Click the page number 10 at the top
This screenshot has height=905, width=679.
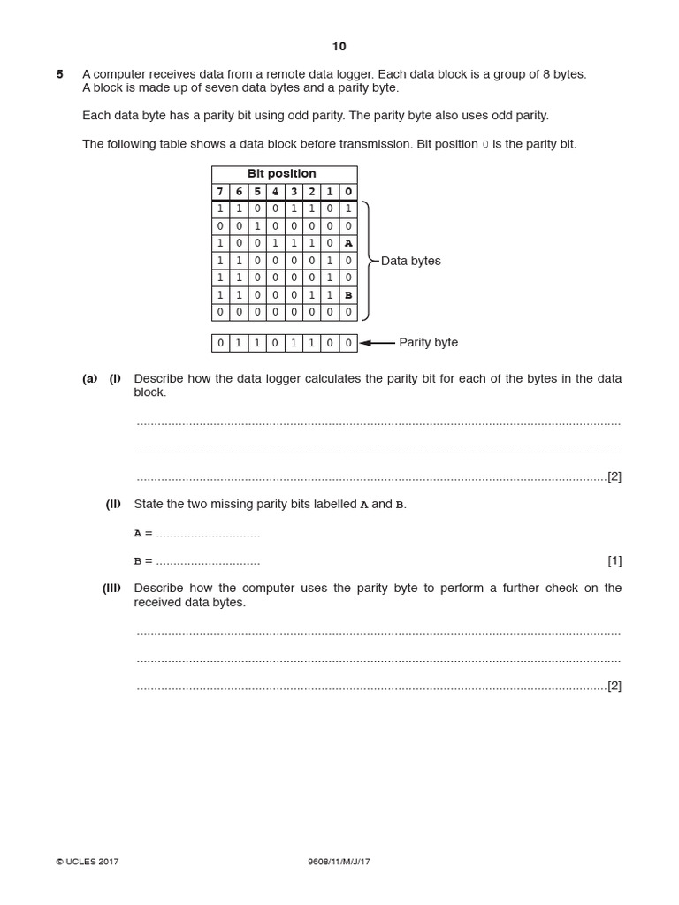[x=339, y=47]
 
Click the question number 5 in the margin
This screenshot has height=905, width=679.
[x=60, y=74]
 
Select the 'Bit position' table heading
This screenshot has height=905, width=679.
[x=284, y=174]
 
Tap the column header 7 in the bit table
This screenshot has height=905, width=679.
[x=220, y=192]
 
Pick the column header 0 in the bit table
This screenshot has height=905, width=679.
[x=348, y=192]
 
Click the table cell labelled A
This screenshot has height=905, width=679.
[x=348, y=243]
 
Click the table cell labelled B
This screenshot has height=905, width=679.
[x=348, y=294]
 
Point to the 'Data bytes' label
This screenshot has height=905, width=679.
[x=410, y=261]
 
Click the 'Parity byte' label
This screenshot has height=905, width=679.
[x=428, y=343]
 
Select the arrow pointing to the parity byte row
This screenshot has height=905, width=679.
[x=378, y=343]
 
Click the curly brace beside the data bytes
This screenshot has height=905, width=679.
[x=366, y=261]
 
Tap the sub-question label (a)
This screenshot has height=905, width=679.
[x=90, y=378]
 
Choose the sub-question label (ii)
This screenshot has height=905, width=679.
[x=113, y=505]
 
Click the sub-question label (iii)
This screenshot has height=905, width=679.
[x=111, y=589]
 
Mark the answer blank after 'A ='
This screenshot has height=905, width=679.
[x=208, y=534]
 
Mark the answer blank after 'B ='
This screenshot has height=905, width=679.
[x=208, y=561]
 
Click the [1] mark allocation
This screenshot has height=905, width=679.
[x=614, y=560]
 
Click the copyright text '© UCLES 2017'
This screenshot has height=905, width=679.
[x=88, y=862]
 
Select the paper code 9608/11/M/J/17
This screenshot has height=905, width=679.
[x=339, y=862]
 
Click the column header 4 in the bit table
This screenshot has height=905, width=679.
[x=275, y=192]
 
